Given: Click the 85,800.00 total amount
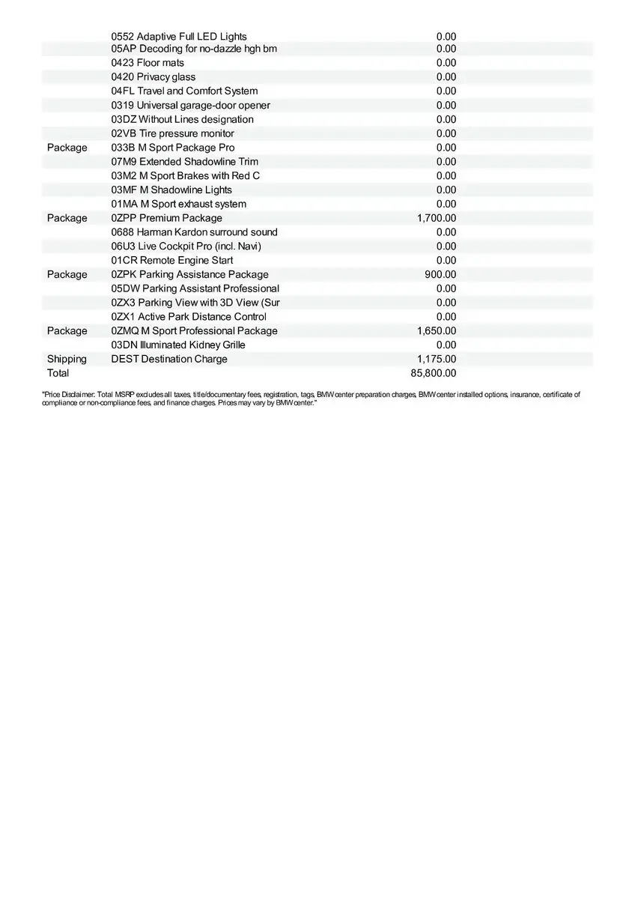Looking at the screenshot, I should [x=434, y=373].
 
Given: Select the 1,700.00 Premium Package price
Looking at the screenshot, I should [x=437, y=218].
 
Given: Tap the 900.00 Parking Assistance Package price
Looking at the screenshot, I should [x=440, y=274].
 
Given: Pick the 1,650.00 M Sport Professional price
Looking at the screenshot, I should [x=437, y=330].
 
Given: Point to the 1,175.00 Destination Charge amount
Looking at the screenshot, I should [x=437, y=359].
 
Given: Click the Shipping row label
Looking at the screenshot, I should [x=67, y=359].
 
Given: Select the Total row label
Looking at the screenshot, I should [x=58, y=373].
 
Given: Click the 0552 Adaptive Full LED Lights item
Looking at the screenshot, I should [x=179, y=36].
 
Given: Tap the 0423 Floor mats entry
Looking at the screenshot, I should [x=148, y=63].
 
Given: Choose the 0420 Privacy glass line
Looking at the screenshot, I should [x=154, y=77].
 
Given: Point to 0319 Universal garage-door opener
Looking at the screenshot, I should [x=191, y=106].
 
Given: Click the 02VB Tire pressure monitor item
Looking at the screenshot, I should [x=173, y=133].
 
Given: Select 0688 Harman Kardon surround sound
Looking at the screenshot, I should [x=194, y=232].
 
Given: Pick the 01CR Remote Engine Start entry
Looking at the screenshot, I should [x=172, y=260].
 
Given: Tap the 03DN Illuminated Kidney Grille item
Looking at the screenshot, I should [x=178, y=345].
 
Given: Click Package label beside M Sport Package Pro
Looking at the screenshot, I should [x=67, y=148].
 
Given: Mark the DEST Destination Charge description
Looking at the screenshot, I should [x=169, y=359].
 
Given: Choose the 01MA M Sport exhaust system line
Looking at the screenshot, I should [x=179, y=204].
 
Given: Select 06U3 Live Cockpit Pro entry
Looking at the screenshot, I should [x=186, y=246].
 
